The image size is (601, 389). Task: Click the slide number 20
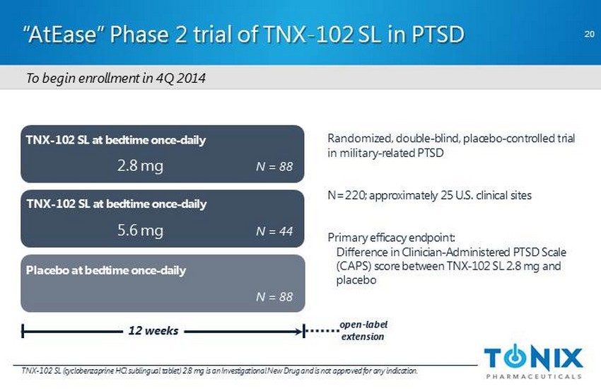coord(588,33)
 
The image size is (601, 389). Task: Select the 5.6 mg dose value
coord(140,231)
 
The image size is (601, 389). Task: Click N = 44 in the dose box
coord(274,232)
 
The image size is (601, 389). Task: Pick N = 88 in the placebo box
coord(274,297)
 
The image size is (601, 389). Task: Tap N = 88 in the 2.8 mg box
coord(274,168)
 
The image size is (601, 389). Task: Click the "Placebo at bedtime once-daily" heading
coord(106,271)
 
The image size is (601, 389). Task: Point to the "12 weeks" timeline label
coord(153,330)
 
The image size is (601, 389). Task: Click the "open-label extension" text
coord(363,330)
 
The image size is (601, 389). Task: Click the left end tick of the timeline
coord(23,330)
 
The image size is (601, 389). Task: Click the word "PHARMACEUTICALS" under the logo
coord(534,375)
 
